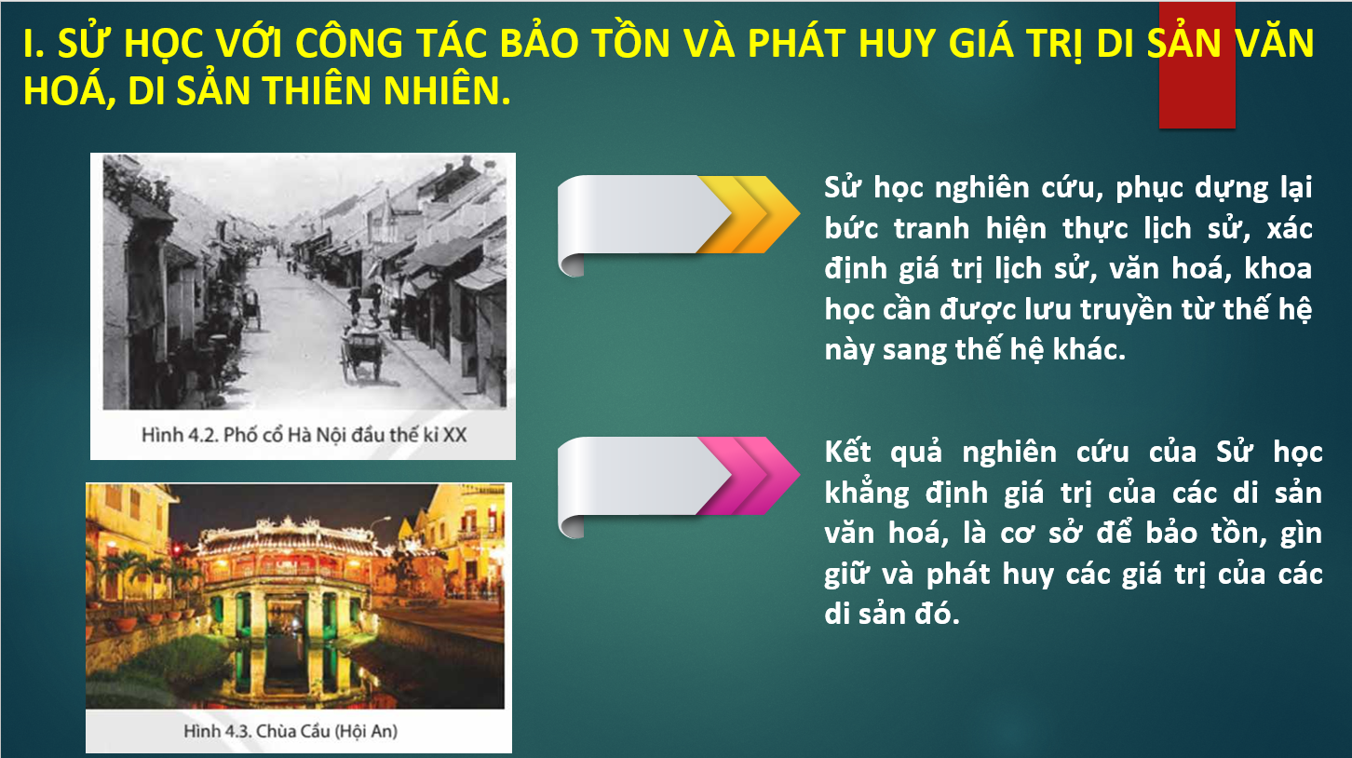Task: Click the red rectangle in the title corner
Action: click(1197, 65)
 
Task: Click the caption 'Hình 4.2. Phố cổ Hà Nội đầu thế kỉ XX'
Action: click(304, 435)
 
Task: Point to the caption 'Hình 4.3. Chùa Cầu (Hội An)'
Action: click(291, 731)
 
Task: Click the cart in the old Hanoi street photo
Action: click(362, 356)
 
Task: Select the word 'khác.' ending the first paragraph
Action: click(1088, 349)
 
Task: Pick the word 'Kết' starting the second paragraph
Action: click(847, 452)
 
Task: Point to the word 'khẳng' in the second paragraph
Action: click(867, 494)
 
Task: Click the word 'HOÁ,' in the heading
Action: click(69, 92)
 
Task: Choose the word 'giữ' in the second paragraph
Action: click(846, 575)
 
